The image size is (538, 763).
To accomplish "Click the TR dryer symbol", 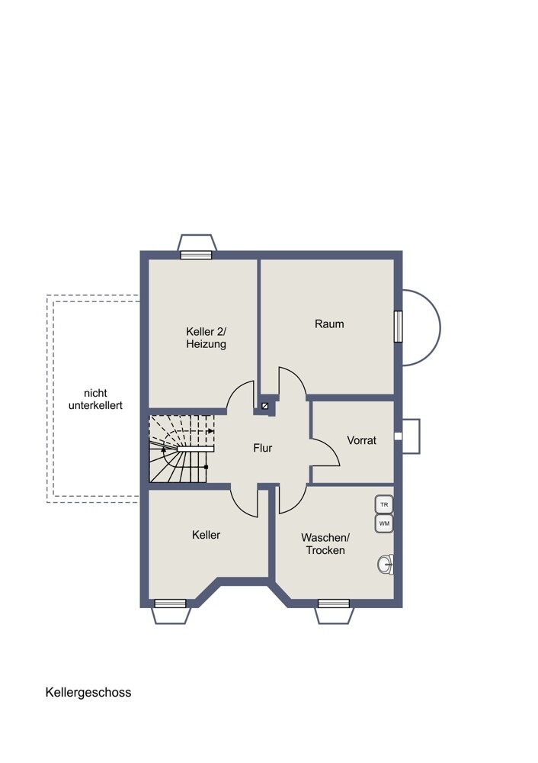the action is [384, 504].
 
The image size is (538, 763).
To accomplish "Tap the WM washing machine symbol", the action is [384, 523].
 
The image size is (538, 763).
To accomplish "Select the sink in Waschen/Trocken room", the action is [386, 565].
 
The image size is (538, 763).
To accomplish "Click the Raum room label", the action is [329, 324].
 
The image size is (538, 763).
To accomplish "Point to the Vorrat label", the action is [361, 440].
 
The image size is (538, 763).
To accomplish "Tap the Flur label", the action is [262, 448].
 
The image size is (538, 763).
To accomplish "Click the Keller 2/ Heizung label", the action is [206, 338].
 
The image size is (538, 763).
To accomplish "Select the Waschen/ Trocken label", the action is [325, 544].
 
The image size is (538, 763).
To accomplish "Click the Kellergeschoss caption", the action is [88, 693].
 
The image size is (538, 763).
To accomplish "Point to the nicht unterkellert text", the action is [95, 399].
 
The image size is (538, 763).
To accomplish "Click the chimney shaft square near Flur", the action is [265, 407].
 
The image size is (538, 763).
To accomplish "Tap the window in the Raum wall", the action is [398, 326].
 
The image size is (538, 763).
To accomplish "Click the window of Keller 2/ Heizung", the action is [196, 255].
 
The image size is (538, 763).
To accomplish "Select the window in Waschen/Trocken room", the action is [334, 604].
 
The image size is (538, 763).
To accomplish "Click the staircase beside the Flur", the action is [181, 449].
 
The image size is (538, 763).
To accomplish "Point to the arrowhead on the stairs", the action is [211, 430].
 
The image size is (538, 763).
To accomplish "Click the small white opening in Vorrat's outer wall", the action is [398, 436].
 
